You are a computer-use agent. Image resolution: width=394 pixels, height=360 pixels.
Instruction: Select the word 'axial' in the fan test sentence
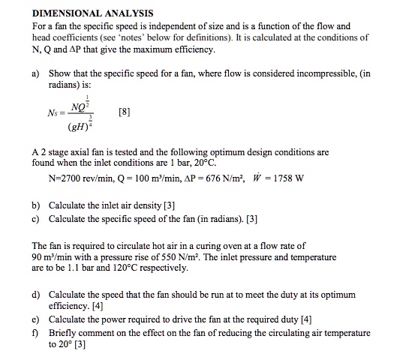[80, 152]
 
